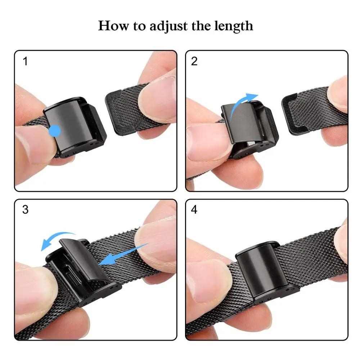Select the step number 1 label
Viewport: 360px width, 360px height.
point(25,62)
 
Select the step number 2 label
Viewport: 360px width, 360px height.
point(194,62)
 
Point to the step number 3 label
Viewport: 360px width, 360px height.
point(25,210)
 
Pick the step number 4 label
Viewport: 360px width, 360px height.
point(194,210)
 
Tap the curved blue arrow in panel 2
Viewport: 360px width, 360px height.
point(243,104)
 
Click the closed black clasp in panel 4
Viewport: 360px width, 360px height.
point(256,268)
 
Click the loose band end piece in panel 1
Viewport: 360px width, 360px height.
point(124,110)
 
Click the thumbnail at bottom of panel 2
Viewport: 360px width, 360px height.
point(205,139)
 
